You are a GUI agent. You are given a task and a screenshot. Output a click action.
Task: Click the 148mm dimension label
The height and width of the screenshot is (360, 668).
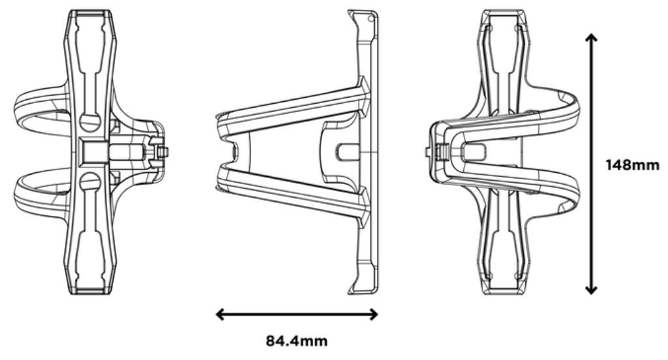pos(632,165)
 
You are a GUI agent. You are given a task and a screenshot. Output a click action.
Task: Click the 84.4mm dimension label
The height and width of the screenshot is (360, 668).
pos(297,341)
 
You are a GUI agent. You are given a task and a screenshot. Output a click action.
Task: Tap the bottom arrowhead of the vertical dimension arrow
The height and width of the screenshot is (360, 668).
pos(590,290)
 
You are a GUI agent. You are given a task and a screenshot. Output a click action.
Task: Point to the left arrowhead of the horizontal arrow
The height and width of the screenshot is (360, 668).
pos(220,314)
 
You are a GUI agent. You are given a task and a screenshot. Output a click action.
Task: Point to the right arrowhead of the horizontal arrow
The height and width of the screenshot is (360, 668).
pos(374,314)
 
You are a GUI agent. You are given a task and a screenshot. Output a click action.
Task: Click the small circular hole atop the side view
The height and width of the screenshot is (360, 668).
pos(371,19)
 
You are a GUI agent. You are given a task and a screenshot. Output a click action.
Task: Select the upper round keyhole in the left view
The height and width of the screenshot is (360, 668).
pos(90,122)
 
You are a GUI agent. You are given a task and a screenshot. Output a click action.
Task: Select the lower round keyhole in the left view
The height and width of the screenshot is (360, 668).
pos(90,182)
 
